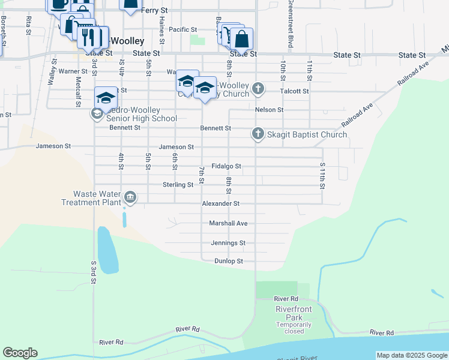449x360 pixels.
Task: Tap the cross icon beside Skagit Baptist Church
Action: coord(258,133)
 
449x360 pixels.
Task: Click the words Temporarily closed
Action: coord(294,328)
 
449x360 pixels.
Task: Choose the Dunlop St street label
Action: coord(228,262)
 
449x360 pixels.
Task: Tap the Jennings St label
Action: coord(228,243)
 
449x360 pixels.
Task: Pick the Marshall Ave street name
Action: coord(228,223)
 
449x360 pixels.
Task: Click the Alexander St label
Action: coord(220,204)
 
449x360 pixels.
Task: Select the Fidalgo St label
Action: coord(226,166)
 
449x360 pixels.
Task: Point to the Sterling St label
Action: coord(178,185)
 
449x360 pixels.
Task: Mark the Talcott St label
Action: coord(294,91)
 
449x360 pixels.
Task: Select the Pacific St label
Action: coord(182,29)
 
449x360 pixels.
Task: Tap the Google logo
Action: coord(20,353)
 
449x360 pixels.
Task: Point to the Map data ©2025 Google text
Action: coord(412,355)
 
